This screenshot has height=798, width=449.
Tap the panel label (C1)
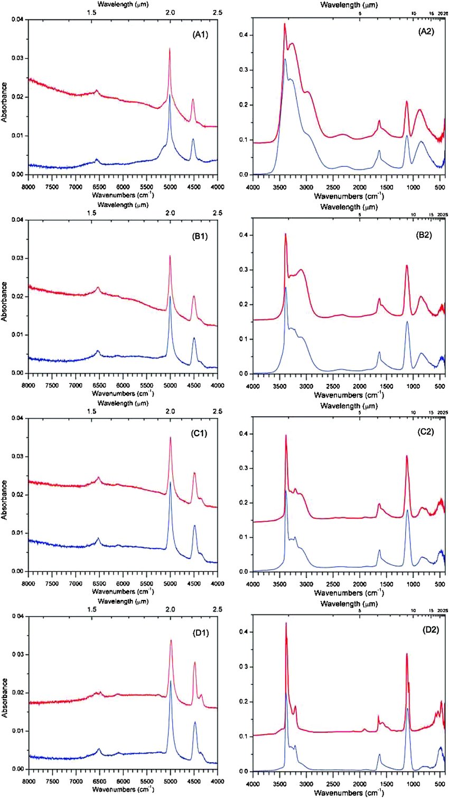[200, 434]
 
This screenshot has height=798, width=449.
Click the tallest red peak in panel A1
[170, 49]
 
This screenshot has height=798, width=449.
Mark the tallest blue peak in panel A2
[285, 59]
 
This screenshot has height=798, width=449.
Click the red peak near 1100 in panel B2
[407, 266]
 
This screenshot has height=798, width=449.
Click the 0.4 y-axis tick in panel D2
[244, 632]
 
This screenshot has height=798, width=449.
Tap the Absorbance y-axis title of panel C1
[5, 499]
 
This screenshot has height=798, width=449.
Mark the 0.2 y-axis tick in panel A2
[244, 105]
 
